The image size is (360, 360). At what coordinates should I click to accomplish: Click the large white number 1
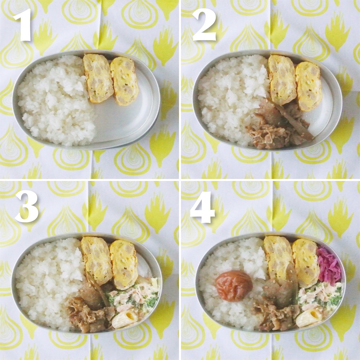(23, 25)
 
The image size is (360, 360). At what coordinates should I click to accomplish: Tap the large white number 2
(204, 25)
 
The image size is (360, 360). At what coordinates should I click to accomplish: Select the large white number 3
(27, 207)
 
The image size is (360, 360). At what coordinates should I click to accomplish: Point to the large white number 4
(202, 207)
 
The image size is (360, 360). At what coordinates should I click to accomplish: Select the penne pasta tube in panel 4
(309, 318)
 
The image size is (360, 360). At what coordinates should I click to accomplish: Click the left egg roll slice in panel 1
(98, 78)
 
